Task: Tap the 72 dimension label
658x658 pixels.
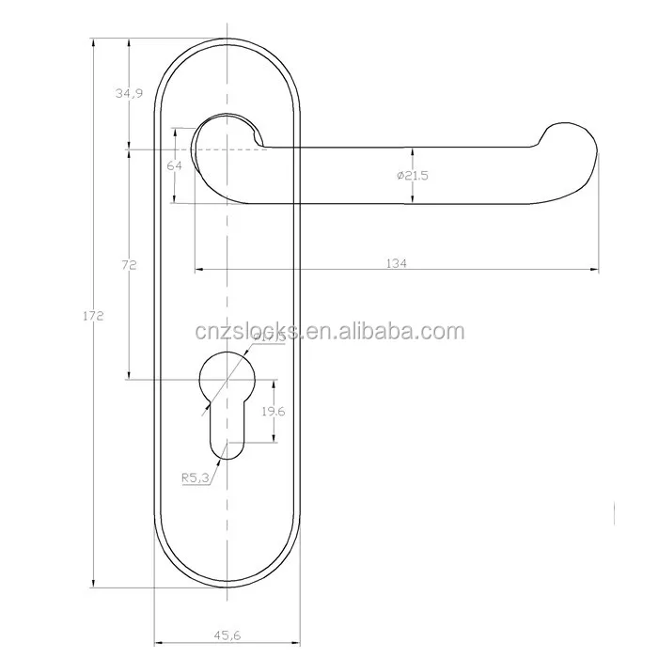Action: click(130, 266)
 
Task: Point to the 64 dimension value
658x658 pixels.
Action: click(173, 165)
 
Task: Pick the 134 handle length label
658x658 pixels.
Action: click(396, 264)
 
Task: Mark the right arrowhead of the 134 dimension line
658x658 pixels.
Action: click(594, 271)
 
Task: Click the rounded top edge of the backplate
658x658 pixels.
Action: click(227, 41)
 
